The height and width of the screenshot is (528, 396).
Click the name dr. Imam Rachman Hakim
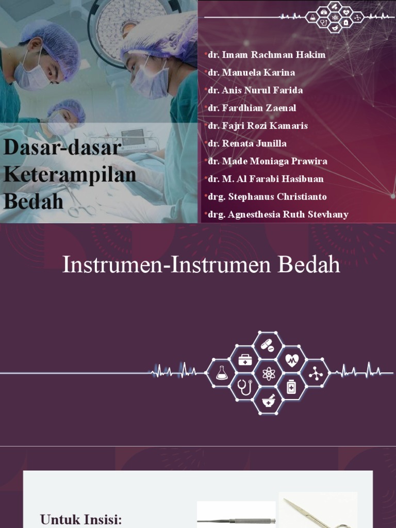267,55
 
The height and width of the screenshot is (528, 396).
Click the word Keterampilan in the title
70,175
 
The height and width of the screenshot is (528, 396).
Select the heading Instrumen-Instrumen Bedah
201,265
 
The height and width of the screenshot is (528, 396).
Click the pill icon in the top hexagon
268,345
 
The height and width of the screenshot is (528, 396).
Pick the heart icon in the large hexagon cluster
292,359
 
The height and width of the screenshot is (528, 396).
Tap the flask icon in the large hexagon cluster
222,373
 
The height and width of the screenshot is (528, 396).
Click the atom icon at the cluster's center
268,373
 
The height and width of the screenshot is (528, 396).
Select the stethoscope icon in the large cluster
245,387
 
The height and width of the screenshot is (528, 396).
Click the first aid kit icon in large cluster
245,359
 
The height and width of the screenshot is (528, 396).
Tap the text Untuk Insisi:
81,519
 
